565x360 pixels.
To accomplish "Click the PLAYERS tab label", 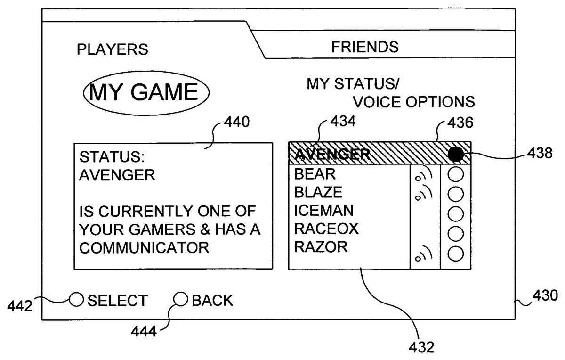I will coord(112,49).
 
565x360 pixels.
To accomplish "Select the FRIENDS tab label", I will coord(365,47).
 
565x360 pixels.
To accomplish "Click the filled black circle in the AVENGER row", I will coord(455,153).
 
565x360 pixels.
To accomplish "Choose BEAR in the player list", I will coord(315,174).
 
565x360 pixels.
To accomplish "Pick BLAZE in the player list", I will coord(318,192).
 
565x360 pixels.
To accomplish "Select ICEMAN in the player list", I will coord(323,210).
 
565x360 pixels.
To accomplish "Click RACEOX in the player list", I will coord(326,229).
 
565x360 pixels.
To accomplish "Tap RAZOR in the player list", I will coord(321,246).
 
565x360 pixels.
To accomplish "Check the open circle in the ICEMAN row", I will coord(455,213).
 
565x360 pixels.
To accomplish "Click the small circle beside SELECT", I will coord(76,299).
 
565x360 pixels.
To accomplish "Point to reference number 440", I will coord(234,123).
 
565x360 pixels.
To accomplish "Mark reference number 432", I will coord(420,348).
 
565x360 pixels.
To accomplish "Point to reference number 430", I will coord(545,296).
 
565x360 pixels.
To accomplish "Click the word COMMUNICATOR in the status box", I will coord(144,247).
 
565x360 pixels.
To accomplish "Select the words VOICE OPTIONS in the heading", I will coord(414,102).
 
